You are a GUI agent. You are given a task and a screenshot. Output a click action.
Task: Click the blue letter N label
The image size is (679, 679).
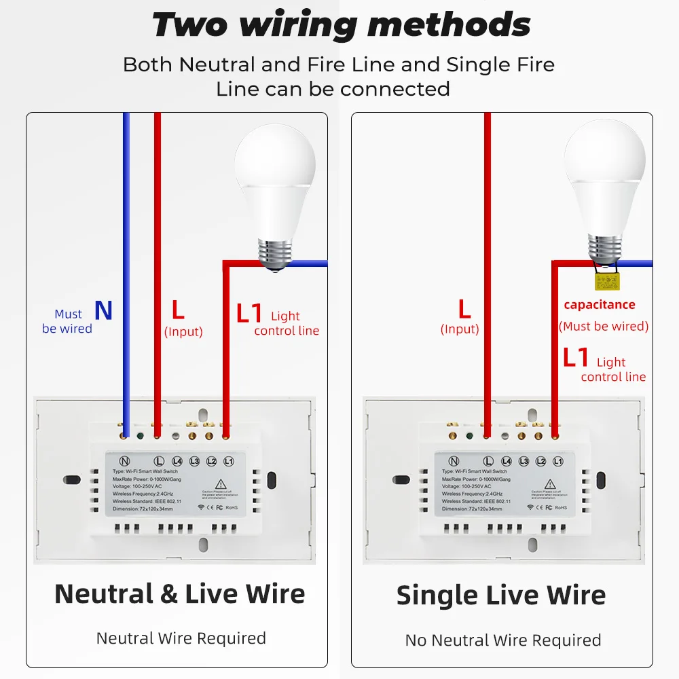[103, 310]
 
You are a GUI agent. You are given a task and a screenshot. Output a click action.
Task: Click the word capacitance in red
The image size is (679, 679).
[600, 305]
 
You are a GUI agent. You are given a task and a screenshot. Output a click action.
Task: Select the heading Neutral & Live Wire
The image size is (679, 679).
[179, 593]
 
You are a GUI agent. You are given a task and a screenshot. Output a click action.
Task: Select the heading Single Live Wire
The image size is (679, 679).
[501, 595]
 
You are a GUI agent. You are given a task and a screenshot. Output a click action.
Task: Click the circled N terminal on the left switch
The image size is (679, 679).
[124, 461]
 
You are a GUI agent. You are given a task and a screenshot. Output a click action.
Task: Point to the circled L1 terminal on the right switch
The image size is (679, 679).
[558, 461]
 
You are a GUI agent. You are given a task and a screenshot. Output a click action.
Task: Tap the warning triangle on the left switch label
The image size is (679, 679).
[221, 483]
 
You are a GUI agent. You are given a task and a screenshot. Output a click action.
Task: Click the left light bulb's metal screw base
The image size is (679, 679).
[274, 252]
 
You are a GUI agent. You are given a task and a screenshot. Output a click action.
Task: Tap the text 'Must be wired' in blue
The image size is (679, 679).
[67, 321]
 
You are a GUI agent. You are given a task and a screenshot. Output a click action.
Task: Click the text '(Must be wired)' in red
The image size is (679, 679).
[604, 327]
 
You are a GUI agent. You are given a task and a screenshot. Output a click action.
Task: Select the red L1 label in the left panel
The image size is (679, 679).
[249, 314]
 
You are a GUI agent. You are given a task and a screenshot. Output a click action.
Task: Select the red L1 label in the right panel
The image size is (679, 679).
[576, 358]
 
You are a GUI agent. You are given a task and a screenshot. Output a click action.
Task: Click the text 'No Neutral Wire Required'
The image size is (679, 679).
[502, 640]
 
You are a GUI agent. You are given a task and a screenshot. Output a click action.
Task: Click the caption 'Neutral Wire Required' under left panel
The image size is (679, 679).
[181, 638]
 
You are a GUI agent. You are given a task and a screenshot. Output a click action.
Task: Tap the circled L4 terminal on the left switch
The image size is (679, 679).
[177, 461]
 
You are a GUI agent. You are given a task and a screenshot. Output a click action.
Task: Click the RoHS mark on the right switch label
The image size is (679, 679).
[561, 507]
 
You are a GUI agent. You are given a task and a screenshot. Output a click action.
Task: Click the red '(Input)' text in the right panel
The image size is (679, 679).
[460, 329]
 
